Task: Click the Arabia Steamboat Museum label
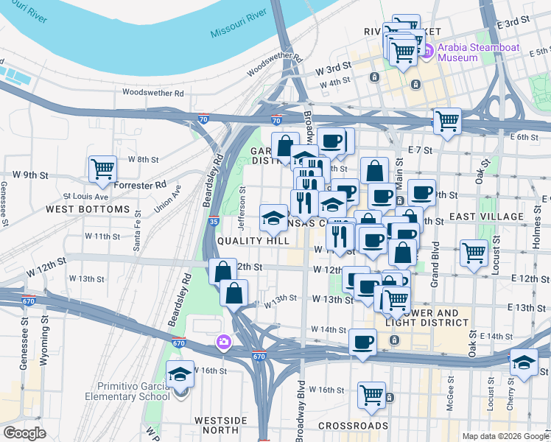(x=479, y=53)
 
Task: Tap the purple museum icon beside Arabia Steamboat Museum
(x=427, y=51)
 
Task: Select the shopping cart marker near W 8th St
(x=102, y=168)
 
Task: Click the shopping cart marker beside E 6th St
(x=447, y=120)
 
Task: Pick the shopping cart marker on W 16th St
(x=371, y=393)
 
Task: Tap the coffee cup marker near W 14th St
(x=363, y=342)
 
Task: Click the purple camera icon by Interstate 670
(x=222, y=342)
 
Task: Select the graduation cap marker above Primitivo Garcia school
(x=180, y=374)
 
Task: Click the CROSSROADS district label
(x=353, y=426)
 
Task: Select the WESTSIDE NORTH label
(x=220, y=426)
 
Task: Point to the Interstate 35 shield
(x=212, y=220)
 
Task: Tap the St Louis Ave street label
(x=85, y=197)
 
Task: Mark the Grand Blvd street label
(x=435, y=263)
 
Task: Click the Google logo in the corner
(x=25, y=433)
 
